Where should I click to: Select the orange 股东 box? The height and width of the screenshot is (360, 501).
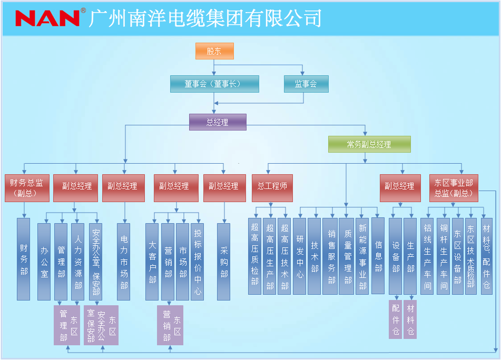coord(214,51)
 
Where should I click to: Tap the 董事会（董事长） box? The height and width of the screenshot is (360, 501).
coord(214,84)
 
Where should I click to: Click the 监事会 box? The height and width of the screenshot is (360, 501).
coord(306,84)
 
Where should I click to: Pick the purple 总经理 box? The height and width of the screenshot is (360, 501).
coord(218,122)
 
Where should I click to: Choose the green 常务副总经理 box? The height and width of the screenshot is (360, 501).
coord(369,144)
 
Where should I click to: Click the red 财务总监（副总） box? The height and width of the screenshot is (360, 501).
coord(27,188)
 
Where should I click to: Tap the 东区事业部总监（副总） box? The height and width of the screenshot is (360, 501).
coord(454,188)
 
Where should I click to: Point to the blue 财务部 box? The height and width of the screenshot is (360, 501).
coord(24,259)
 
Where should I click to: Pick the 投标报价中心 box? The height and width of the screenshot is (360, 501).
coord(198,262)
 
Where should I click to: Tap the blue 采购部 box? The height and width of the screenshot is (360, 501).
coord(224,262)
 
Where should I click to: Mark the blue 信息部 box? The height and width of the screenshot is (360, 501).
coord(378,255)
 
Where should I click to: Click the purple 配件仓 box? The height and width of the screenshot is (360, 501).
coord(396,319)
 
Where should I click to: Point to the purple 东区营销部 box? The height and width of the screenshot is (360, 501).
coord(170,325)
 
